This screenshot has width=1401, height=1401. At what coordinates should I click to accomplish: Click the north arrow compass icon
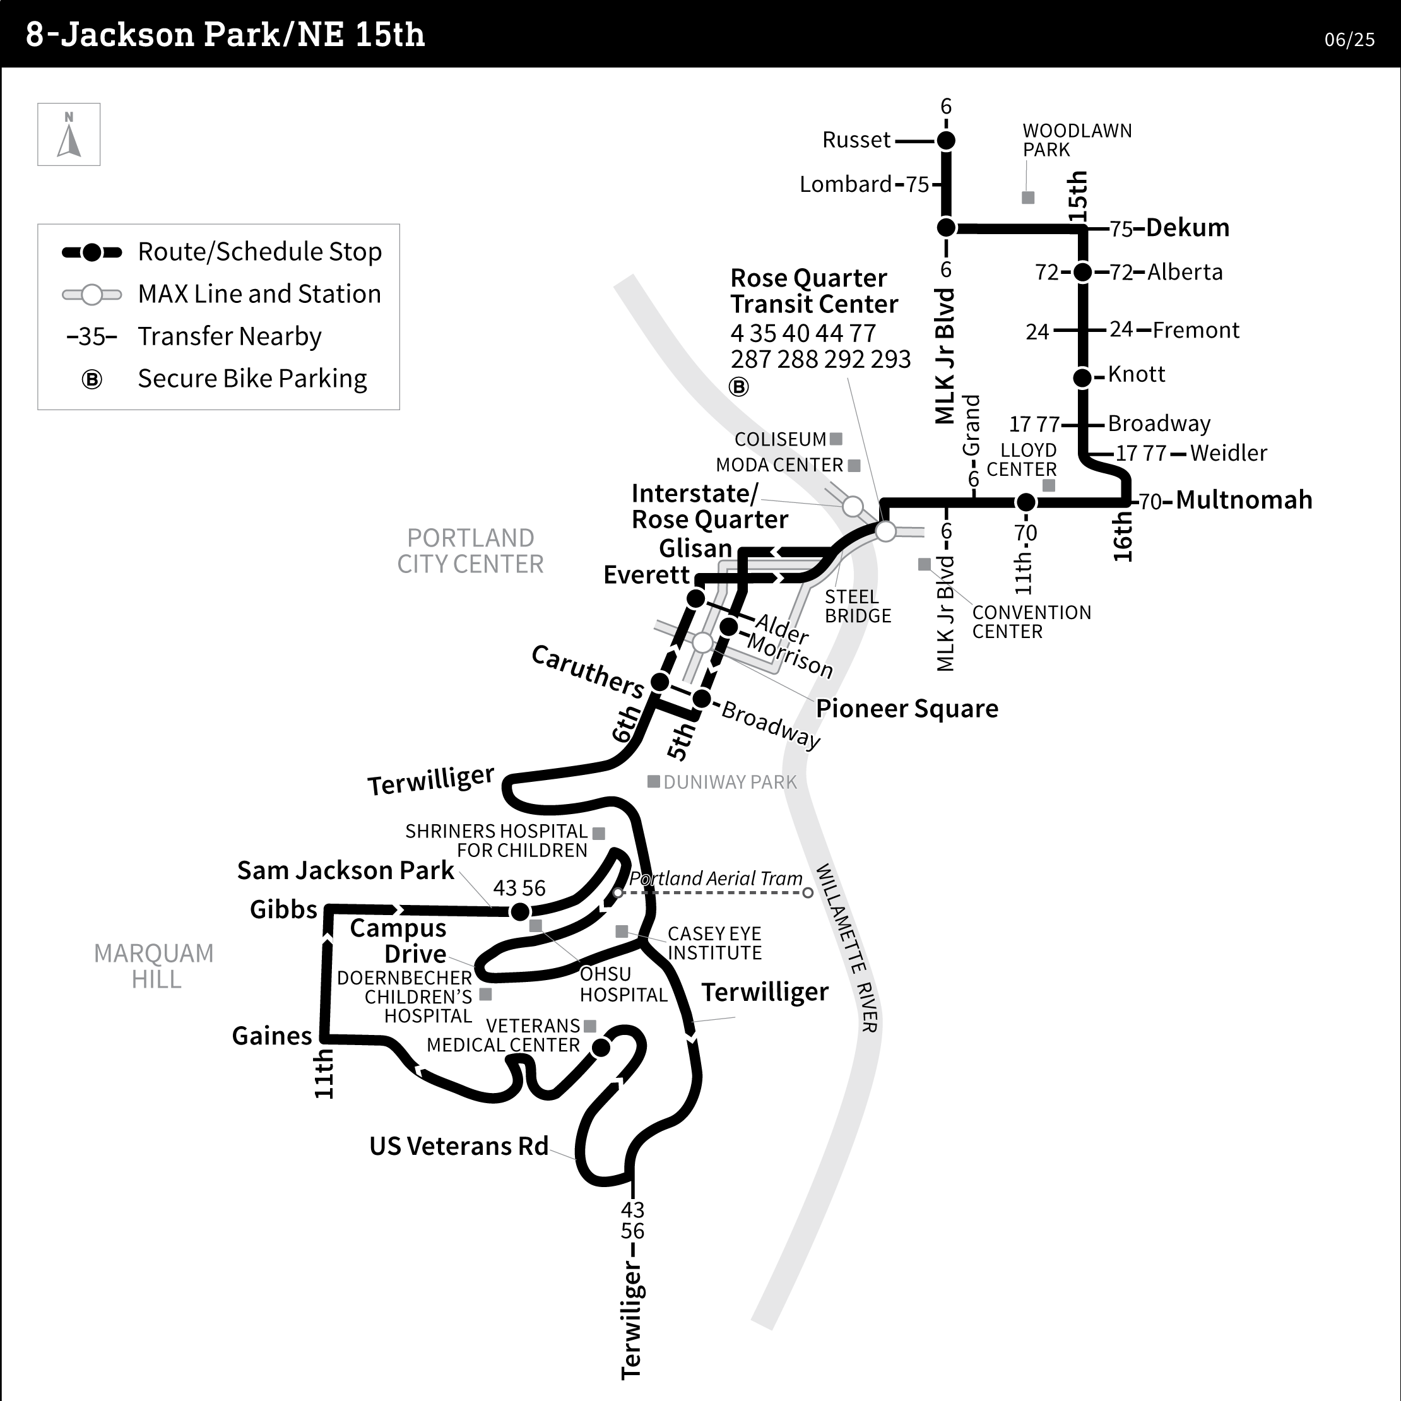pyautogui.click(x=69, y=135)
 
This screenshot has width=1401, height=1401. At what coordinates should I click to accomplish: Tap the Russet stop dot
pyautogui.click(x=945, y=141)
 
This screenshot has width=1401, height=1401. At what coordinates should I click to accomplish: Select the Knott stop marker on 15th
pyautogui.click(x=1082, y=377)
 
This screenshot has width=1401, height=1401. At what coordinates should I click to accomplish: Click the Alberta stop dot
pyautogui.click(x=1082, y=273)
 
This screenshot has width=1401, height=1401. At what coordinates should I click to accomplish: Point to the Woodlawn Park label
pyautogui.click(x=1076, y=141)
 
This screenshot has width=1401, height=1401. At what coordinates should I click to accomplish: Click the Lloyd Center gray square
pyautogui.click(x=1049, y=485)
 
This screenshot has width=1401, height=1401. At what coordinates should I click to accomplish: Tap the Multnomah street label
pyautogui.click(x=1244, y=500)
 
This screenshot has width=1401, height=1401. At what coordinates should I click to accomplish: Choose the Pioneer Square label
pyautogui.click(x=906, y=709)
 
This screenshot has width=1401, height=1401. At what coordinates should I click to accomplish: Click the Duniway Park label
pyautogui.click(x=730, y=783)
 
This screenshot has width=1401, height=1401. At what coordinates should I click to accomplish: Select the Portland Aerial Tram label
pyautogui.click(x=715, y=879)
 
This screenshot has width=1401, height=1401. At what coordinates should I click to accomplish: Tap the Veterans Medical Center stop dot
pyautogui.click(x=601, y=1048)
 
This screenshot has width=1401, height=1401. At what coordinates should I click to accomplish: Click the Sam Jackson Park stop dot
pyautogui.click(x=520, y=911)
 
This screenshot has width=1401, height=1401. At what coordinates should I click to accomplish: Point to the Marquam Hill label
pyautogui.click(x=155, y=966)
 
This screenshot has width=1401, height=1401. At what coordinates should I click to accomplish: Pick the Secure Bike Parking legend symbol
pyautogui.click(x=92, y=379)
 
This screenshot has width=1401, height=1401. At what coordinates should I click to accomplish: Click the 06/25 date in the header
pyautogui.click(x=1349, y=40)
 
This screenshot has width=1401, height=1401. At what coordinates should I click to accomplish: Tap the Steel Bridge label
pyautogui.click(x=857, y=606)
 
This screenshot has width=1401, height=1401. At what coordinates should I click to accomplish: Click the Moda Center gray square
pyautogui.click(x=854, y=466)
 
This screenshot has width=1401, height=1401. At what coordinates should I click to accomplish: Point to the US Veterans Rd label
pyautogui.click(x=458, y=1147)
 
